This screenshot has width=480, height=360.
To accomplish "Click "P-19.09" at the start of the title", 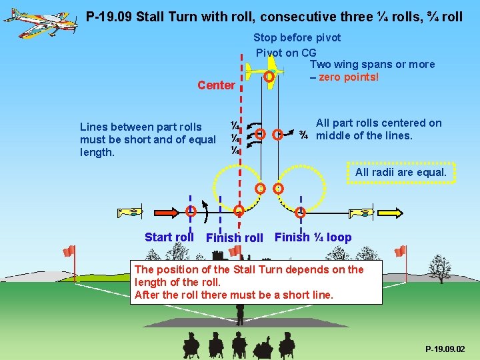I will [x=109, y=17].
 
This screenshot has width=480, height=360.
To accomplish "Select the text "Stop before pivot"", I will [x=297, y=38].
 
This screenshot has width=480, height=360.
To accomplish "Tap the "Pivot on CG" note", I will [x=286, y=53].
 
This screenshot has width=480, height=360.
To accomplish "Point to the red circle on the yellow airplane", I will [x=269, y=77].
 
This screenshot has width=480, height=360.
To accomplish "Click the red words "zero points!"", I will [x=349, y=77].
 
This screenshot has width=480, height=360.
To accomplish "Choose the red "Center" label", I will [x=216, y=85].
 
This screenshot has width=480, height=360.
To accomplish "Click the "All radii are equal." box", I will [x=401, y=172].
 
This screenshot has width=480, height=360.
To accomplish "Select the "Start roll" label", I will [x=169, y=237].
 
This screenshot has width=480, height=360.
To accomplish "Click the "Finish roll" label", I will [x=235, y=238].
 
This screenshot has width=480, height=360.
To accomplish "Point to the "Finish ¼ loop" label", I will [x=313, y=237].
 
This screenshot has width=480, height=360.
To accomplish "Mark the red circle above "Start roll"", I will [x=191, y=212].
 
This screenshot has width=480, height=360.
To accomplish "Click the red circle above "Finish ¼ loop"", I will [x=300, y=213].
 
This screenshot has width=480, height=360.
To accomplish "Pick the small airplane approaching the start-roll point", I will [x=130, y=213].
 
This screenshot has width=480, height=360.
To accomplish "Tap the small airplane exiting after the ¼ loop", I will [x=360, y=213].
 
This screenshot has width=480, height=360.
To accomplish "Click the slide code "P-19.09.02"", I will [x=445, y=349].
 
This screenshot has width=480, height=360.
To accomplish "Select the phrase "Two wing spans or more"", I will [x=372, y=65].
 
